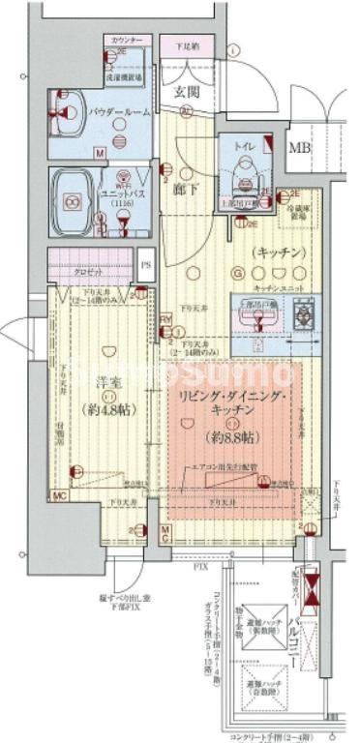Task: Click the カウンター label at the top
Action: [x=125, y=41]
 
